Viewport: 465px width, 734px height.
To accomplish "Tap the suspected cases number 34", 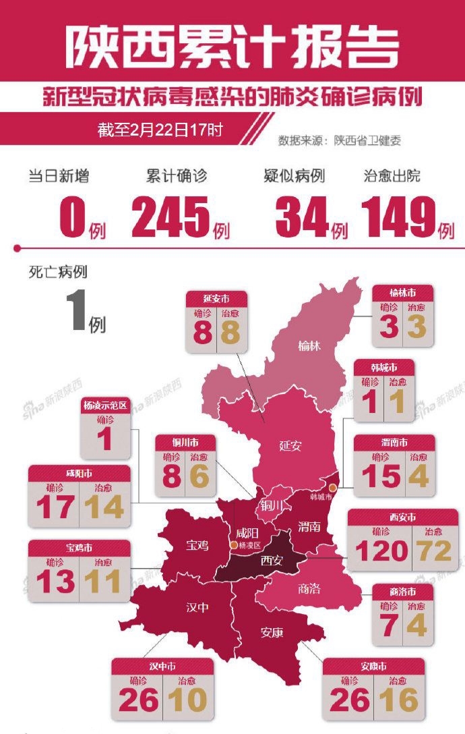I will [301, 218].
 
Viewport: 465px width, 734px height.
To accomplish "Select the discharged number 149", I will [398, 218].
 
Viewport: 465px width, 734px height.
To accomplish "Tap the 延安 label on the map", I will [290, 445].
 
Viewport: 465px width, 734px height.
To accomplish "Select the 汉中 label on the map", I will [197, 607].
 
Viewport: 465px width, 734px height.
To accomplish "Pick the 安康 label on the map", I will [272, 632].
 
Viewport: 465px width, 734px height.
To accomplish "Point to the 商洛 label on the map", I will [309, 588].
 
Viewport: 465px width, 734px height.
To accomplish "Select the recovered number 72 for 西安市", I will [434, 550].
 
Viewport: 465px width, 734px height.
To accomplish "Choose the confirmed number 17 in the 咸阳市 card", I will [55, 507].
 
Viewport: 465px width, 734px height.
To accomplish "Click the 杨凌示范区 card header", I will [104, 406].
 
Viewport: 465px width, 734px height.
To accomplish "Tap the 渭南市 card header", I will [394, 443].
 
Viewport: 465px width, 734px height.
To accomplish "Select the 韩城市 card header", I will [383, 368].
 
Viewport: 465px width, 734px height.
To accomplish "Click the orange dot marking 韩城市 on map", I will [333, 486].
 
